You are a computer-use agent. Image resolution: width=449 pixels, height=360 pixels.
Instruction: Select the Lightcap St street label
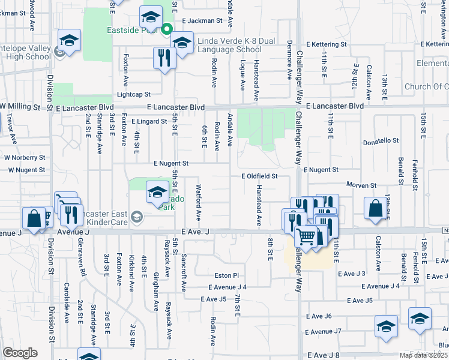(134, 94)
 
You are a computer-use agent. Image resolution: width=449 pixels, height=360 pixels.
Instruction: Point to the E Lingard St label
(149, 121)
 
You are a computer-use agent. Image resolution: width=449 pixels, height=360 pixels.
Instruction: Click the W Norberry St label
(25, 158)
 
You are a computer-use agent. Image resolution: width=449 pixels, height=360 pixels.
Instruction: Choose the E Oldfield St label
(259, 176)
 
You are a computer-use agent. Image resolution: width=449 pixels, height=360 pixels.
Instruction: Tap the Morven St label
(361, 185)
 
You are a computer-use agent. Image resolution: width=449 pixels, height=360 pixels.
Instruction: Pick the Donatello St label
(381, 141)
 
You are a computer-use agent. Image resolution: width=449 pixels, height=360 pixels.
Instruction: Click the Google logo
(20, 353)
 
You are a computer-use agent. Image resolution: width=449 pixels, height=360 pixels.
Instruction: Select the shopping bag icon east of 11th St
(375, 208)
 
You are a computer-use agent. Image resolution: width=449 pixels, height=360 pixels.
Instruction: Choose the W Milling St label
(24, 107)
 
